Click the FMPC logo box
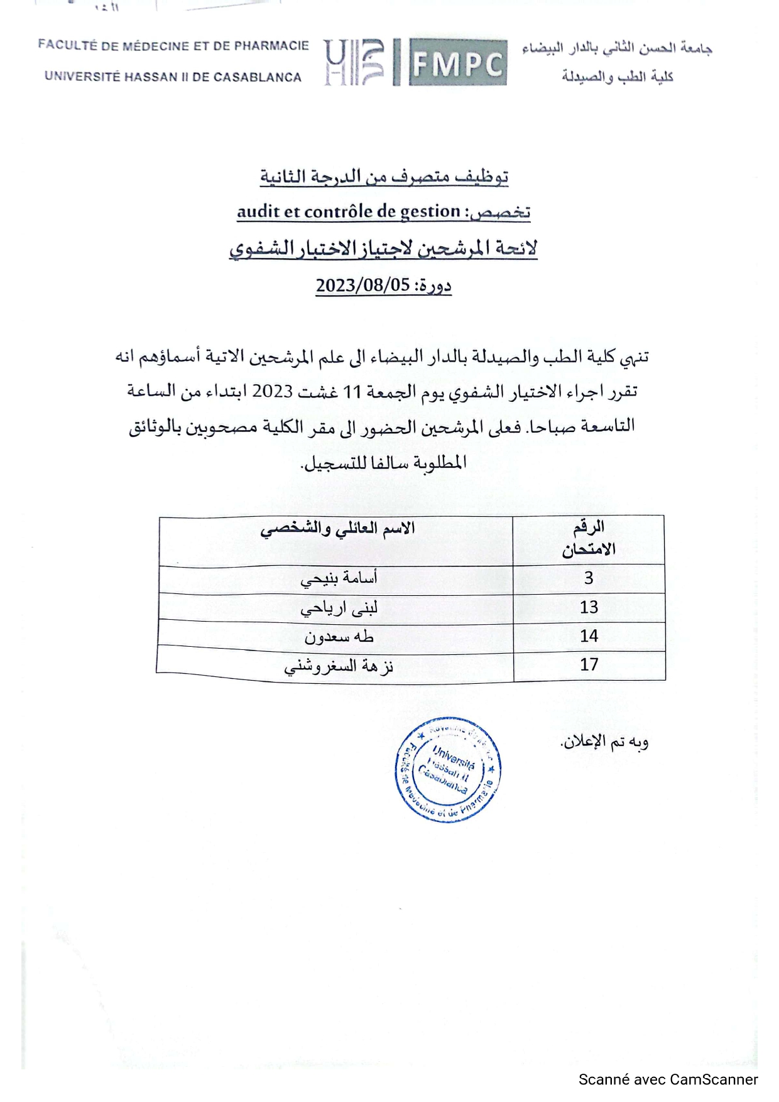pos(457,62)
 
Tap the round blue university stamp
pos(448,770)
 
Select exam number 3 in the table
pos(589,578)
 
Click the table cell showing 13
pos(589,607)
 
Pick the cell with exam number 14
pos(589,636)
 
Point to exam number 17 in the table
pos(589,664)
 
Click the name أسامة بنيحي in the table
pos(339,579)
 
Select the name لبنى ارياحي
pos(339,608)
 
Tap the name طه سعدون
pos(339,637)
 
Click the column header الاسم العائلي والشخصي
pos(337,529)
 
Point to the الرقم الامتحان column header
pos(589,538)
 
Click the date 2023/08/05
pos(362,285)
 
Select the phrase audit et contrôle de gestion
pos(349,212)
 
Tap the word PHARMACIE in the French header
pos(271,46)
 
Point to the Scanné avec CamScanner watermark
pos(668,1079)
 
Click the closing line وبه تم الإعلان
pos(604,742)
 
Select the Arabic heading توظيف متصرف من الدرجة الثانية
pos(384,176)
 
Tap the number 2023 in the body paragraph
pos(273,391)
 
